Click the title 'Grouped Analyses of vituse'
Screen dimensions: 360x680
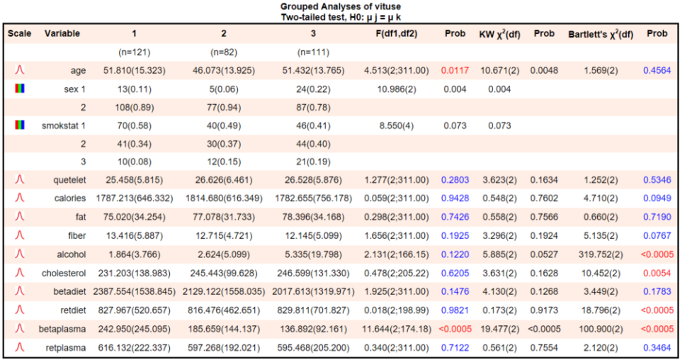click(341, 6)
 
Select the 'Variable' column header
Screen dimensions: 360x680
click(62, 33)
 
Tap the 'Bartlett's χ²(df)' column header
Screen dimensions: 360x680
click(600, 33)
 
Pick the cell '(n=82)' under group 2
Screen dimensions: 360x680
click(224, 52)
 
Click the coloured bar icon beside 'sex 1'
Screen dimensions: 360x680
click(19, 89)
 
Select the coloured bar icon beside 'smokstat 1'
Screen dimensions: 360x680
click(19, 125)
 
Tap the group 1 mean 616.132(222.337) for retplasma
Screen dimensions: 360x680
click(133, 347)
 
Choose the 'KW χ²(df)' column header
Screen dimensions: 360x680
click(500, 33)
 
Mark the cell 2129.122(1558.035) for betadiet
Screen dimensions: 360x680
click(224, 291)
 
